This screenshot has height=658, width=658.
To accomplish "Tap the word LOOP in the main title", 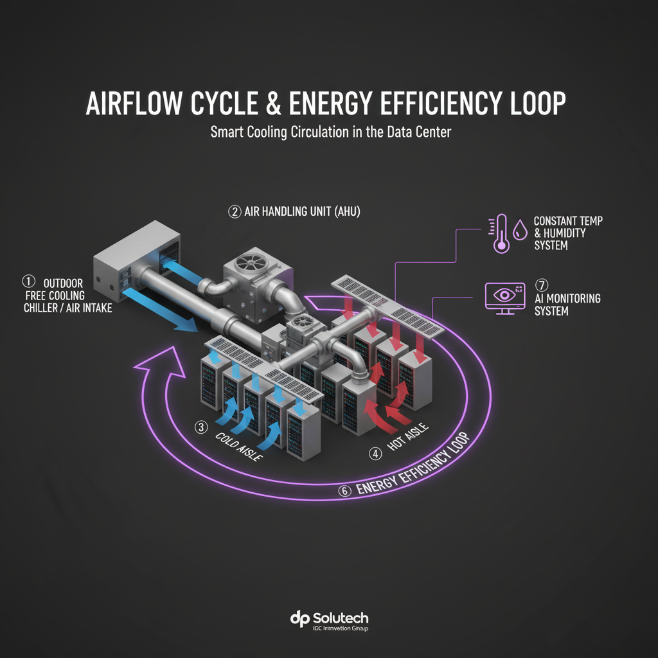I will tap(533, 105).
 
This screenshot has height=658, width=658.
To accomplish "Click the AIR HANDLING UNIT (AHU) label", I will tap(302, 211).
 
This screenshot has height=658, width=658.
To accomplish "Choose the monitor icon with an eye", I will tap(502, 298).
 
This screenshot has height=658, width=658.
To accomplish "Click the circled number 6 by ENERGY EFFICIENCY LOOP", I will tap(344, 491).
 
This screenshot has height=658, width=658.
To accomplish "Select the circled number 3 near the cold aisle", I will tap(202, 427).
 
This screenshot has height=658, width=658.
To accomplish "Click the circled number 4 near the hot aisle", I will tap(375, 454).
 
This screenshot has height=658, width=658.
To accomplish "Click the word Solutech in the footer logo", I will tap(340, 618).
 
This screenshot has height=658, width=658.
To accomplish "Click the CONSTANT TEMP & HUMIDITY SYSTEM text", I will tap(568, 233).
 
